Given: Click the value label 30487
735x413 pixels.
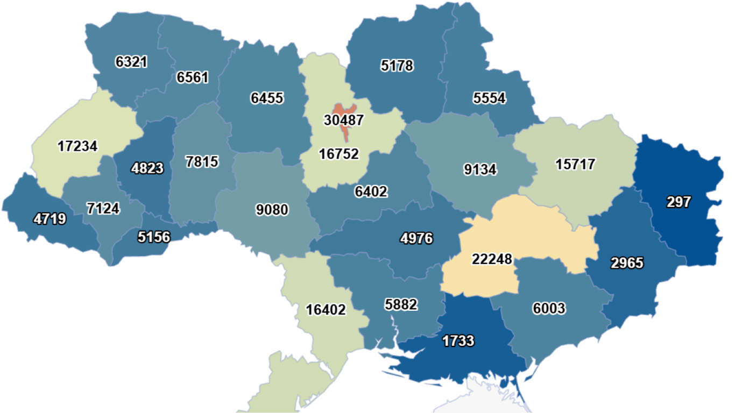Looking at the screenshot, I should pos(343,120).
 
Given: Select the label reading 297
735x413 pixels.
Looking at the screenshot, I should pos(679,202).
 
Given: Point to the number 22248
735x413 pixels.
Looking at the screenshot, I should pos(492,259).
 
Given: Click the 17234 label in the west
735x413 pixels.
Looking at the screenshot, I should pos(77,146).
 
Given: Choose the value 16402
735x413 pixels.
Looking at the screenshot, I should pos(326,310).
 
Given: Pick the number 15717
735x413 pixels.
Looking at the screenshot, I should pos(575,164).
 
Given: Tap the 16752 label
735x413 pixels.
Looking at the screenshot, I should pos(338,154).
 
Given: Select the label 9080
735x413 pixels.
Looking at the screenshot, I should pos(272,209).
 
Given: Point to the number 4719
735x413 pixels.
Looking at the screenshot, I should pos(49,219).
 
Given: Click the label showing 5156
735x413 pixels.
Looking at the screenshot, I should pos(153,237).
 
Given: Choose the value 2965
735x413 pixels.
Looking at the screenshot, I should pos(627,263).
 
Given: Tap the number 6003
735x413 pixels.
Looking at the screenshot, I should pos(549,308).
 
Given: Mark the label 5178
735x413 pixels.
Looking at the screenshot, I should pos(397,66).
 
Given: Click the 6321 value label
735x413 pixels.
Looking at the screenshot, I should pos(131,61).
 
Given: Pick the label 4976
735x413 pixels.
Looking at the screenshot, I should pos(416,238).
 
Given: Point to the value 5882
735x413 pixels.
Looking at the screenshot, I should pos(401,304).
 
